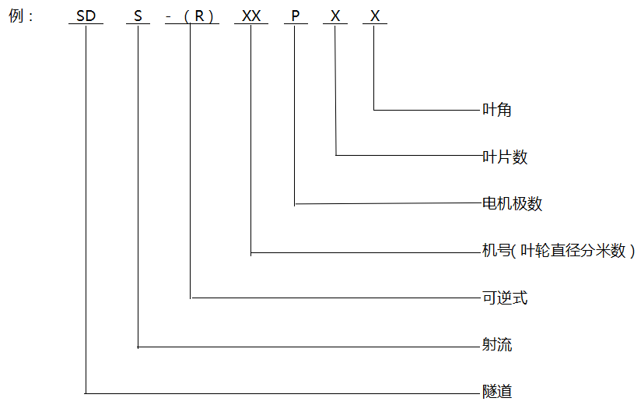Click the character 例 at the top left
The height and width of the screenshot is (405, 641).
[16, 16]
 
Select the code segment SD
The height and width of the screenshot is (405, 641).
[86, 16]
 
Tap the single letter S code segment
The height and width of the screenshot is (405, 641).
[138, 16]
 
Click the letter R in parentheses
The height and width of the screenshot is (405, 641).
[199, 16]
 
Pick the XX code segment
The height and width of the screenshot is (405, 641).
[251, 16]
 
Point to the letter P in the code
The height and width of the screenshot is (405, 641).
[295, 16]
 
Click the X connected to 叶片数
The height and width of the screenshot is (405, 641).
[335, 16]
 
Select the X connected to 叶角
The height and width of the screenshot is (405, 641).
[375, 16]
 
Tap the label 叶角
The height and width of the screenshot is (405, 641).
[496, 110]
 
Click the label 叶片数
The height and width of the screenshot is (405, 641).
[505, 157]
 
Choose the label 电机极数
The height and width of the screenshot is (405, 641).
[512, 203]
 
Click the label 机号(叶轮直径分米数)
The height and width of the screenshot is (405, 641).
[559, 250]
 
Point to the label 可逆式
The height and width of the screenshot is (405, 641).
[505, 298]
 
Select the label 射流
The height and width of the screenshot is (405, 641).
[496, 344]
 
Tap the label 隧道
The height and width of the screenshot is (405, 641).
[496, 392]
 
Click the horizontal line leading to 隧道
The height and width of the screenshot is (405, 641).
[282, 393]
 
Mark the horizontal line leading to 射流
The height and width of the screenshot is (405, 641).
[309, 347]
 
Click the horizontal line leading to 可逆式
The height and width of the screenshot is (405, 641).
[335, 298]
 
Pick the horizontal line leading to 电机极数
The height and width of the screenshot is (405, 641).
[388, 203]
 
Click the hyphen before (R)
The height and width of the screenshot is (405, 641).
[169, 17]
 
